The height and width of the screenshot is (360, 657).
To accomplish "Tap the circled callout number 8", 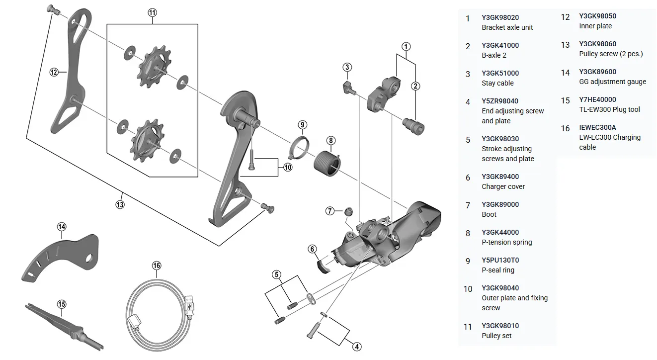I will point(331,140).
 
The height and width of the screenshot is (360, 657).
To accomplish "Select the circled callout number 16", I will point(157,266).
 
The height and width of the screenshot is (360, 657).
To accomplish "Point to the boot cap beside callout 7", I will point(349,212).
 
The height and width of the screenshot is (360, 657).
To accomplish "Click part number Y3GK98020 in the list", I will point(500,17).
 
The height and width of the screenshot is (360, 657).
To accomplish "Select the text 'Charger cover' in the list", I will point(503,186).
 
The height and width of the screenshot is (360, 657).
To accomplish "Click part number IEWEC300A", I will point(597,127).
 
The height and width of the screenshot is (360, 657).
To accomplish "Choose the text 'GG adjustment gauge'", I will point(612,82).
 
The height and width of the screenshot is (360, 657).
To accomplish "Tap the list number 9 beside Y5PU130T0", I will point(468,261).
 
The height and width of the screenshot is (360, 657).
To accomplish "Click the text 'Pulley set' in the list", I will point(496,336).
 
